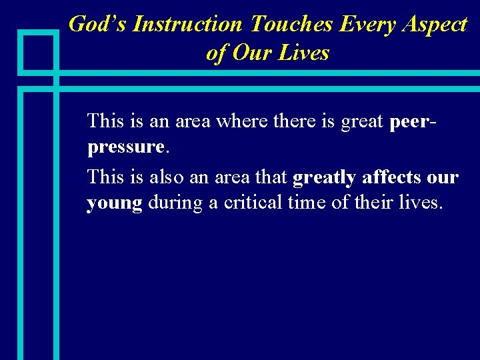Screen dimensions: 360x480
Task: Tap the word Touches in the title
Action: tap(291, 24)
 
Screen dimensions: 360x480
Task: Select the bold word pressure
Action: tap(125, 146)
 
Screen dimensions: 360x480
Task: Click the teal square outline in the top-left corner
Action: tap(39, 51)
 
